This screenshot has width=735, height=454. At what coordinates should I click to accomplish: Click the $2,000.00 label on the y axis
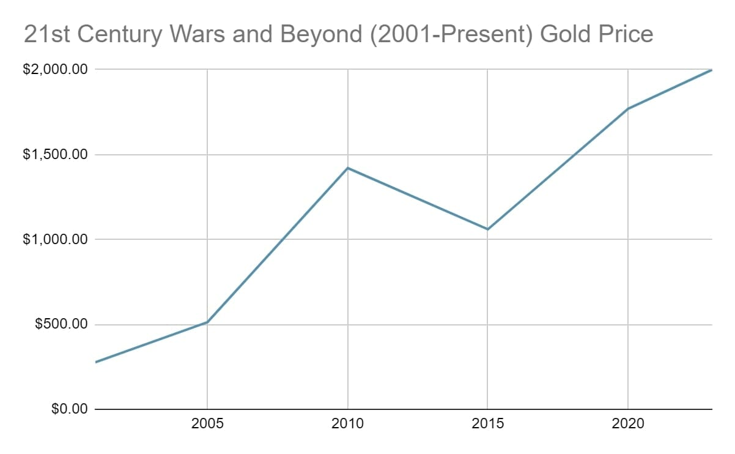click(x=56, y=70)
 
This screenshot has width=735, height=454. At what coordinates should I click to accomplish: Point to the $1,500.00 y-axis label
click(x=56, y=155)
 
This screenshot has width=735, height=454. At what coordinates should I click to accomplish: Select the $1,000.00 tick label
click(x=56, y=239)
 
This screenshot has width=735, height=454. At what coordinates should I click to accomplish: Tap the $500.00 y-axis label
click(x=61, y=324)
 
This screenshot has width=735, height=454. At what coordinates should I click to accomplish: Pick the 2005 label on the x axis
click(x=207, y=424)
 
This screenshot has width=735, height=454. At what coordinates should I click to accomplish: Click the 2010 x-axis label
click(x=347, y=424)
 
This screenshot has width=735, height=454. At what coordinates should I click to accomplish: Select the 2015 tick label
click(x=487, y=424)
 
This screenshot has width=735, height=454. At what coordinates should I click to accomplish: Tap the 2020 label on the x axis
click(x=628, y=424)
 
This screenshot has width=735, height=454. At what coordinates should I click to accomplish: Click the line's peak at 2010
click(x=347, y=168)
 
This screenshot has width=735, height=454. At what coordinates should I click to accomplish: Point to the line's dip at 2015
click(x=487, y=229)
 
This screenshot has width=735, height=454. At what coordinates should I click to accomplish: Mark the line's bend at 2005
click(x=207, y=322)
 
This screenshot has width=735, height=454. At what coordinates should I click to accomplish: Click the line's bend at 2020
click(x=628, y=109)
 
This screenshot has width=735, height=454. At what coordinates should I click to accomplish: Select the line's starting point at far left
click(x=96, y=362)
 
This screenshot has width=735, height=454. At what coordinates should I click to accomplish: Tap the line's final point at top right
click(x=712, y=70)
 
